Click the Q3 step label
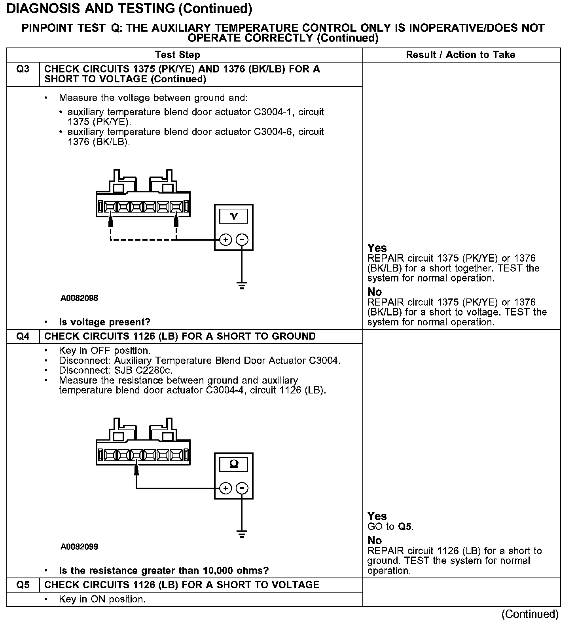click(23, 69)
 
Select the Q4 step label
click(23, 336)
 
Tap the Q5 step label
click(23, 585)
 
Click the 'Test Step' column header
click(178, 55)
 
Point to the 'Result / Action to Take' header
click(460, 55)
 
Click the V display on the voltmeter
click(234, 216)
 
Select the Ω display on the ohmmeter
click(234, 464)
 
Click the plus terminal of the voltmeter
click(225, 239)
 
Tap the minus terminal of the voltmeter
click(242, 239)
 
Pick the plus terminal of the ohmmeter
click(225, 488)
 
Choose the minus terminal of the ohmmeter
click(242, 488)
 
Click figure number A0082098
click(79, 298)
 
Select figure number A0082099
click(79, 547)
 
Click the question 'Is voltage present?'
click(104, 322)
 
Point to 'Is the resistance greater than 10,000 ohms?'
click(164, 570)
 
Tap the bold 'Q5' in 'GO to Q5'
click(405, 526)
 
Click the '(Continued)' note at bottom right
click(530, 614)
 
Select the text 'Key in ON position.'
click(102, 599)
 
